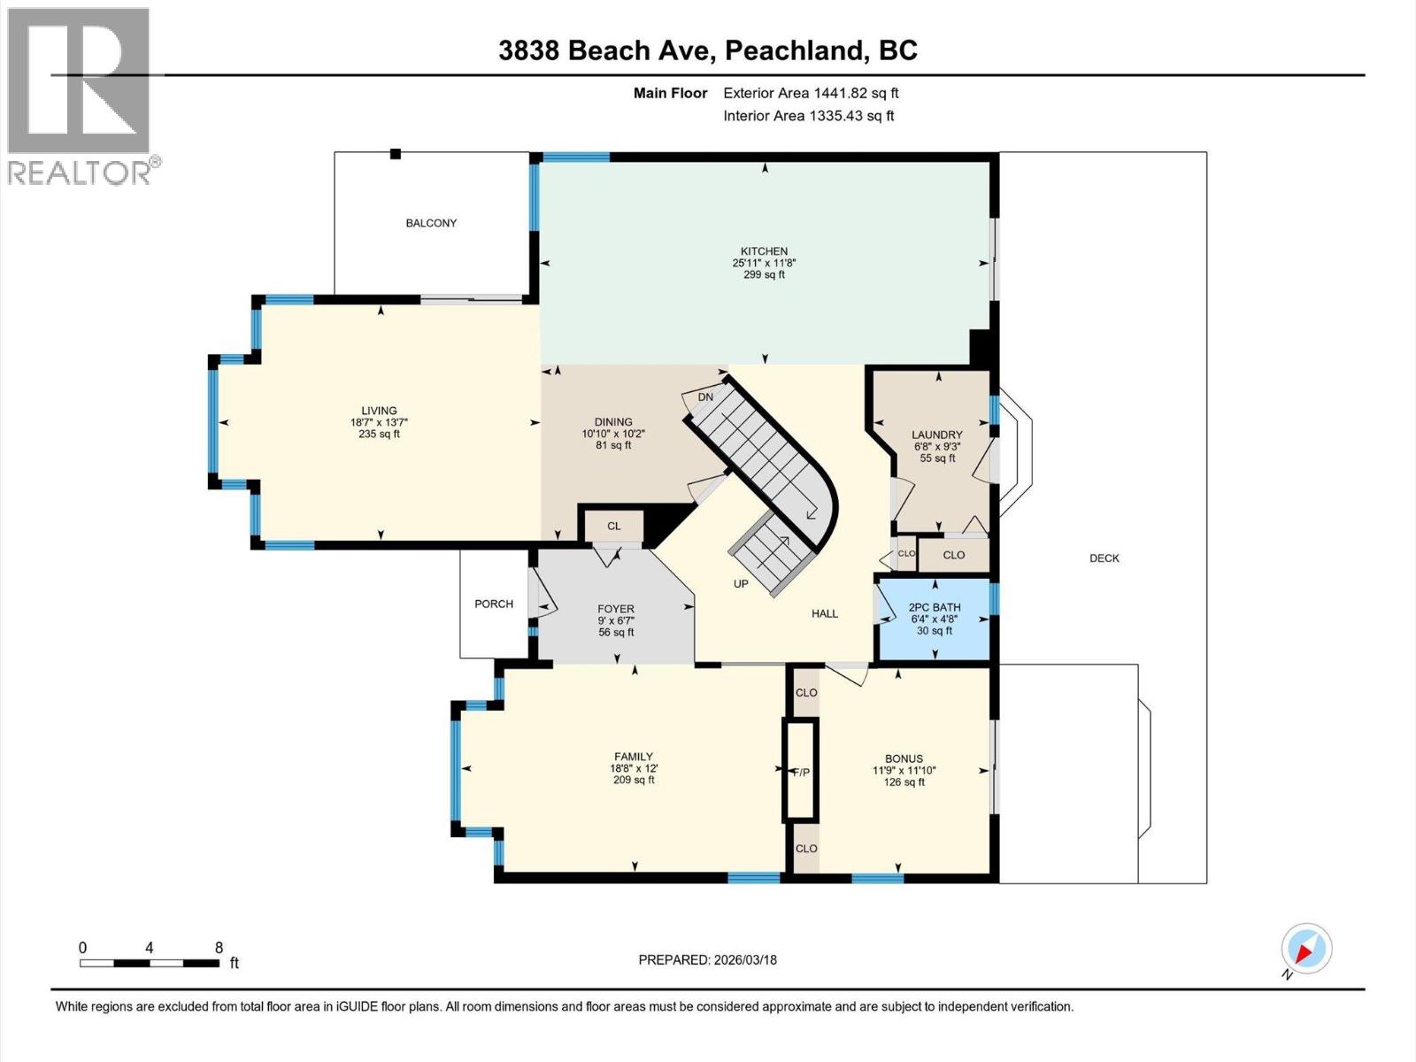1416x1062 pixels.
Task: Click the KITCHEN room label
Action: point(764,251)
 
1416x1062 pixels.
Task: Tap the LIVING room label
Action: point(379,411)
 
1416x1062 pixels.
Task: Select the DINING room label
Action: point(613,422)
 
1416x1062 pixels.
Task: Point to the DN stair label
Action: point(705,397)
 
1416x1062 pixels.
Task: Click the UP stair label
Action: point(741,584)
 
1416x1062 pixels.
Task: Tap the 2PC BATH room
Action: point(934,618)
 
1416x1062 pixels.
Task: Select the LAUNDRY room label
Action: point(936,435)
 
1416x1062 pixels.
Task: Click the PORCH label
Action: point(494,604)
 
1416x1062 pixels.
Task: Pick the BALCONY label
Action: point(431,223)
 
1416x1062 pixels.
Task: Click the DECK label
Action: point(1104,558)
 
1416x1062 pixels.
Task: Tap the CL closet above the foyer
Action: point(613,526)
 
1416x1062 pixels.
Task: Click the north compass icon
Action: point(1306,950)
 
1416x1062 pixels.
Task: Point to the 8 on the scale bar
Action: point(219,948)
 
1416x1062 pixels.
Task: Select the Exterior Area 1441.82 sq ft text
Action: point(811,93)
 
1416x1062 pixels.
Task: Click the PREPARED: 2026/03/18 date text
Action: point(707,960)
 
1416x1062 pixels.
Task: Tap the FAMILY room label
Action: point(633,757)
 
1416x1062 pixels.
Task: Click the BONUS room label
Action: point(904,758)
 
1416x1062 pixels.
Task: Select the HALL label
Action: point(824,613)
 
